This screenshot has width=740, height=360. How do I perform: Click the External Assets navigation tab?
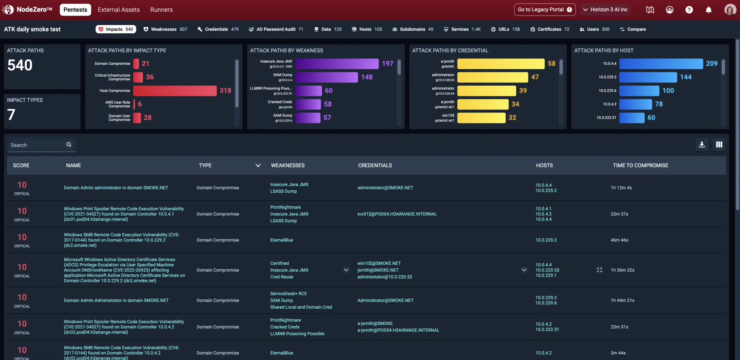119,10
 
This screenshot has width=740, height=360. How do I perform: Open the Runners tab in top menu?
161,10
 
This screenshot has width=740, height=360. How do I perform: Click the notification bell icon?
708,10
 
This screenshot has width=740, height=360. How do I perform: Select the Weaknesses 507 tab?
165,29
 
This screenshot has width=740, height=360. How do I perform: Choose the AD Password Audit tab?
276,29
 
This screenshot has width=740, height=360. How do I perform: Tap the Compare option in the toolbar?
633,29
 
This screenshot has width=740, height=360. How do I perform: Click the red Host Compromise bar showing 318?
175,91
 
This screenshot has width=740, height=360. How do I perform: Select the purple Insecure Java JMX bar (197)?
337,64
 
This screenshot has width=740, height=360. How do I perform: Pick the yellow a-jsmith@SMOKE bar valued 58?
500,64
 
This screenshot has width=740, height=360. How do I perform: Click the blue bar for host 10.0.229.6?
639,91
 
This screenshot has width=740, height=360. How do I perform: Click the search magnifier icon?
69,145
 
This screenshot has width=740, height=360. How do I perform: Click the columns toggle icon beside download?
719,145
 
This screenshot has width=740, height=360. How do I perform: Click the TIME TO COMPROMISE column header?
640,166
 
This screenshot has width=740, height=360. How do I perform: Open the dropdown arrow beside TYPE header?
258,166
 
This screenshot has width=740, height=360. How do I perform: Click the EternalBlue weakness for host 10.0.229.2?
281,240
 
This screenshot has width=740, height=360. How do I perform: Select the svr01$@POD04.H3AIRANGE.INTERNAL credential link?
397,214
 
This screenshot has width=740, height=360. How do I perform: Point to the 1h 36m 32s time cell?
622,270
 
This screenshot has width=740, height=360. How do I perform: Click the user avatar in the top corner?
730,10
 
